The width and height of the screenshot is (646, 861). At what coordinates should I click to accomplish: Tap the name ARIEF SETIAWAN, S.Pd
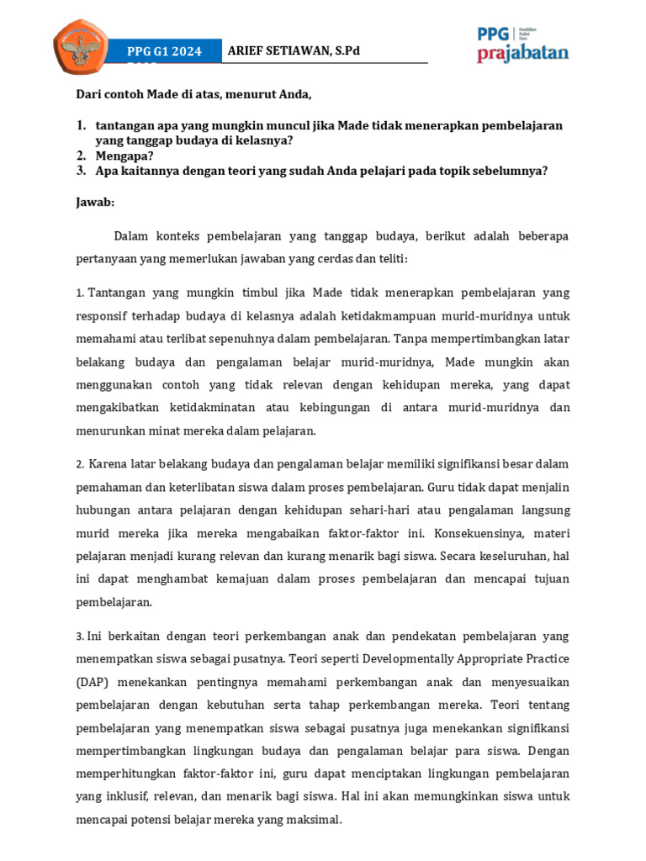point(294,50)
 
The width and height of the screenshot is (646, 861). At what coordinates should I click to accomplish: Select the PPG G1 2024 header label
point(164,52)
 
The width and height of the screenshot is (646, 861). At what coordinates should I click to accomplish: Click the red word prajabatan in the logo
point(522,54)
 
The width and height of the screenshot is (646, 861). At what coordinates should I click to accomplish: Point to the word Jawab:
point(96,203)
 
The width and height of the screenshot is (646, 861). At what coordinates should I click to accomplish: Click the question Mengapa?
point(124,156)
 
